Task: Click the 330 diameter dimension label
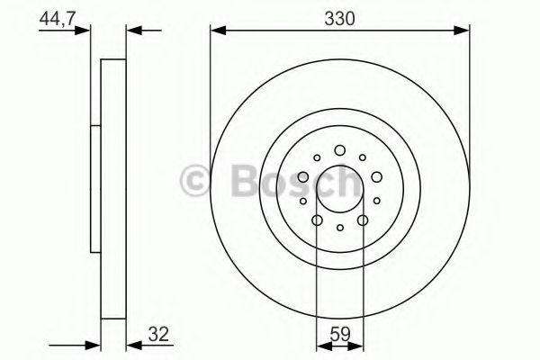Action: point(339,19)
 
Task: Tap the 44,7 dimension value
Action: point(58,18)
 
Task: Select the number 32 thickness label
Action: point(159,334)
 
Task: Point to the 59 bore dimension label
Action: point(340,334)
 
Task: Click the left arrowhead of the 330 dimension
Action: point(218,31)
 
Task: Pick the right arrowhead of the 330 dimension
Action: point(462,31)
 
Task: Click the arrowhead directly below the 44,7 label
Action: point(82,31)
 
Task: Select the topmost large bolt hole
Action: point(340,150)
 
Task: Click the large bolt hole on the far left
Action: point(303,177)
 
